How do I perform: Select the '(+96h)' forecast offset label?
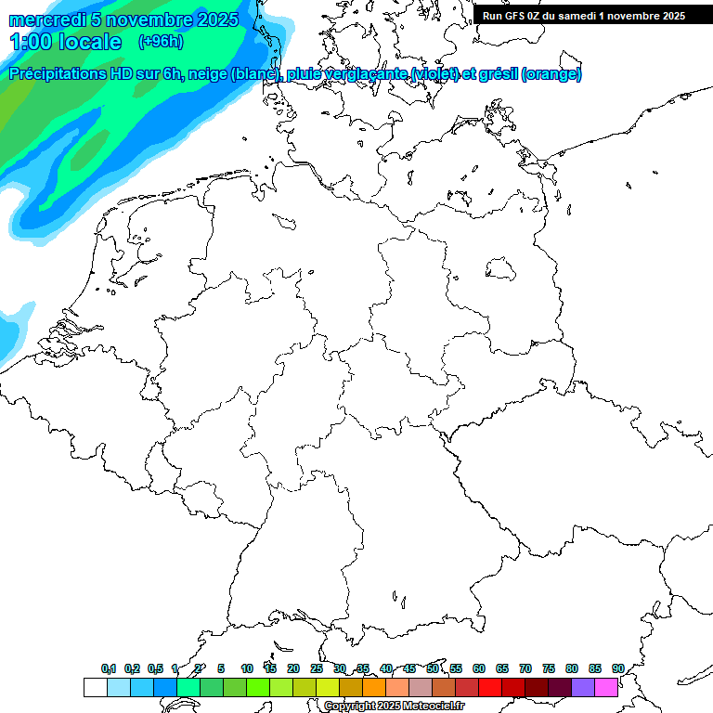pos(160,41)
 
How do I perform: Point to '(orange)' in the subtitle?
pos(552,74)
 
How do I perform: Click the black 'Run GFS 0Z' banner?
pos(583,15)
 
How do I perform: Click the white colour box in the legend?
pos(95,687)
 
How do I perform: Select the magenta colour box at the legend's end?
pos(606,687)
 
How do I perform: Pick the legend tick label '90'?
pos(618,668)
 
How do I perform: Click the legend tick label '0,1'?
pos(109,668)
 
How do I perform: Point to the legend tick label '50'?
pos(433,668)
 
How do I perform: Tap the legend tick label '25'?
pos(317,668)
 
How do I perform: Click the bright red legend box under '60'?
pos(490,687)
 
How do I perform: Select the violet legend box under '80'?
pos(583,687)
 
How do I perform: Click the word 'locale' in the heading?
pos(90,42)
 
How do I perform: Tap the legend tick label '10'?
pos(247,668)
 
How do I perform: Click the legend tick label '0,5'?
pos(155,668)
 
